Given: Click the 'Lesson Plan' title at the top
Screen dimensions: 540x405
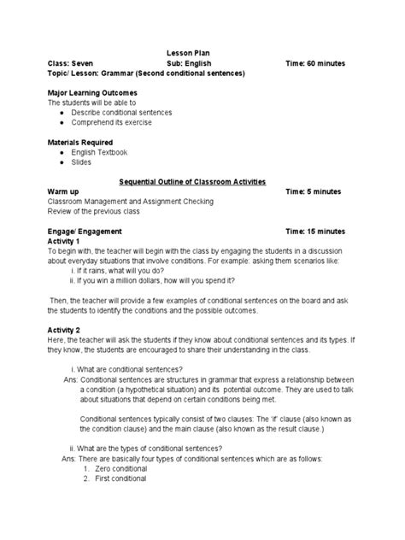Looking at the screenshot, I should point(203,53).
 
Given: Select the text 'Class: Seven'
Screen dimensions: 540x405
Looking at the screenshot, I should point(75,63).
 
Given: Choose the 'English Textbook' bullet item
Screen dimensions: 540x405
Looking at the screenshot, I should point(99,152).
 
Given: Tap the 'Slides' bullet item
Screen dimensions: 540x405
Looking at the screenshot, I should point(81,162).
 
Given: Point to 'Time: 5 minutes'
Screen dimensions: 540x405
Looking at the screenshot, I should point(316,192).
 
